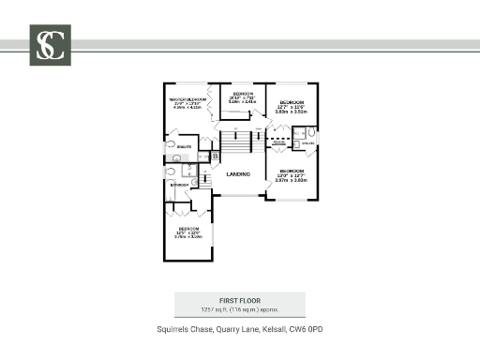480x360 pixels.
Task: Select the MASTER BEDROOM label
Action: pos(187,98)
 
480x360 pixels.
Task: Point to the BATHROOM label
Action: pos(179,185)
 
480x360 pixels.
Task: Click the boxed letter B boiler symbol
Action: pos(215,156)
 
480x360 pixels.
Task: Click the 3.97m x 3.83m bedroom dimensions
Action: pos(292,181)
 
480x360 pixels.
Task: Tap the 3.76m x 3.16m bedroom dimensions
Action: pos(188,236)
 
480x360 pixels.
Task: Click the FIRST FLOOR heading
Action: pos(239,300)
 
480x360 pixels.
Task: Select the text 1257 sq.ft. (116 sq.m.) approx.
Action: pos(239,308)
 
